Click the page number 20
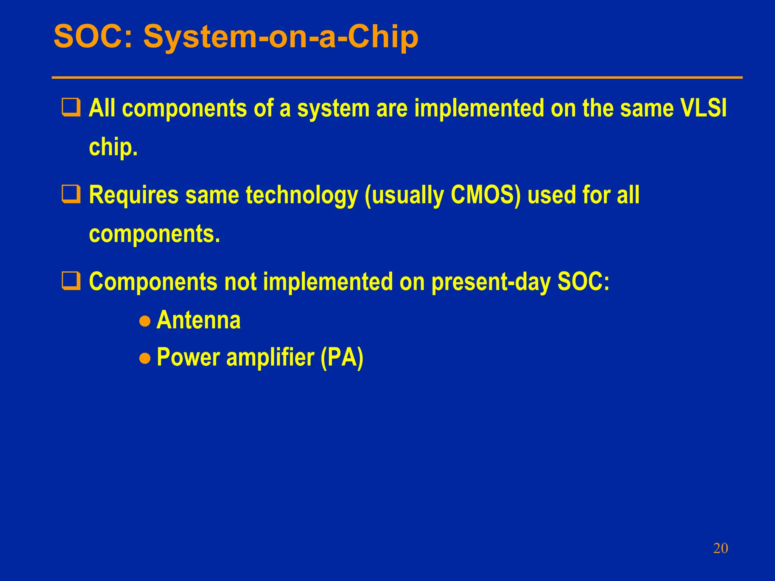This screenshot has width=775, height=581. click(x=720, y=548)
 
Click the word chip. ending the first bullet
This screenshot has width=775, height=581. click(x=113, y=148)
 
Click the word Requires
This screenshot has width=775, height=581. click(x=133, y=196)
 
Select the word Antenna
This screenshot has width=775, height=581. click(x=198, y=320)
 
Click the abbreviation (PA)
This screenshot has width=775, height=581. click(x=342, y=357)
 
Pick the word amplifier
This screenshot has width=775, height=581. click(x=270, y=357)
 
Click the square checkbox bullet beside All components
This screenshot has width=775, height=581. click(x=71, y=108)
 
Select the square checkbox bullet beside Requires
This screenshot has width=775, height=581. click(x=71, y=194)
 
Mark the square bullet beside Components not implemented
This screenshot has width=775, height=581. click(x=71, y=281)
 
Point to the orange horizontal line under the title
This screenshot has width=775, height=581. click(x=397, y=78)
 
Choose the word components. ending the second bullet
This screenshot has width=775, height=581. click(x=154, y=234)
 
